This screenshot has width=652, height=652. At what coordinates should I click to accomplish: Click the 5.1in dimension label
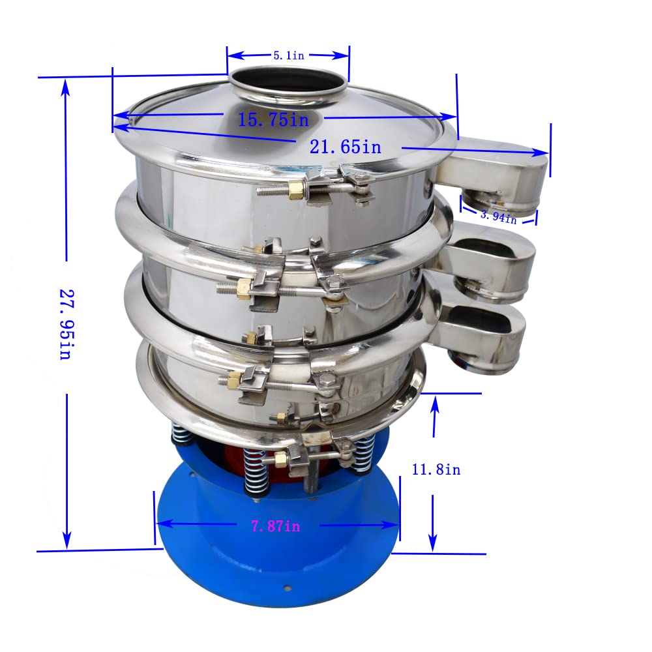[288, 56]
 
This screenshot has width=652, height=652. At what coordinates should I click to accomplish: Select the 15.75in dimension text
[273, 119]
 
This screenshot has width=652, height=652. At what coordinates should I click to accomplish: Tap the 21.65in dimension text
[345, 147]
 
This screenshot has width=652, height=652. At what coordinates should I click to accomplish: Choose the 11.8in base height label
[436, 469]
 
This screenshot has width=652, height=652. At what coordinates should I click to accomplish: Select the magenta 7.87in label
[276, 526]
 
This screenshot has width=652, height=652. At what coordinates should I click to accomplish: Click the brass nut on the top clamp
[296, 190]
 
